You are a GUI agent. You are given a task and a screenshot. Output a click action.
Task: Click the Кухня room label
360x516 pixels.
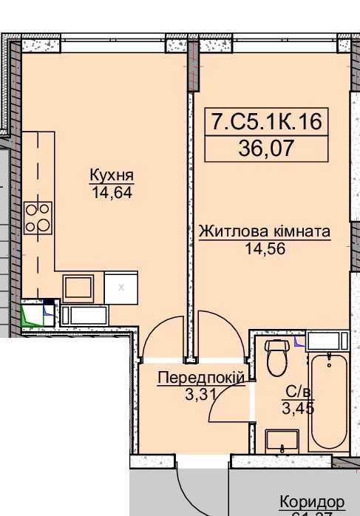(x=111, y=176)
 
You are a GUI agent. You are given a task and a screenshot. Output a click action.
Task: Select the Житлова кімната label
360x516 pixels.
(x=264, y=231)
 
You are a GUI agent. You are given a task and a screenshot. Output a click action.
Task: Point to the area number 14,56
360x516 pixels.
(x=265, y=248)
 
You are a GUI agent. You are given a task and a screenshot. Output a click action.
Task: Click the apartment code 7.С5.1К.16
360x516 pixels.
(x=267, y=121)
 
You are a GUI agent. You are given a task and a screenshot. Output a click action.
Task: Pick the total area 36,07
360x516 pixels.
(x=267, y=148)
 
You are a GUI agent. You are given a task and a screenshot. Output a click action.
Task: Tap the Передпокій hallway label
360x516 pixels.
(x=201, y=378)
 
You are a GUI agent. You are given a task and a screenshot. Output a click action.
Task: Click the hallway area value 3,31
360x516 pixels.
(x=200, y=393)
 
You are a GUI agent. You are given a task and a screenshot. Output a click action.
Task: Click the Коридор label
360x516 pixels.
(x=311, y=502)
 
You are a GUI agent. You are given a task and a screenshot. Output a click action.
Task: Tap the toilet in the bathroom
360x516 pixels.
(x=276, y=358)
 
